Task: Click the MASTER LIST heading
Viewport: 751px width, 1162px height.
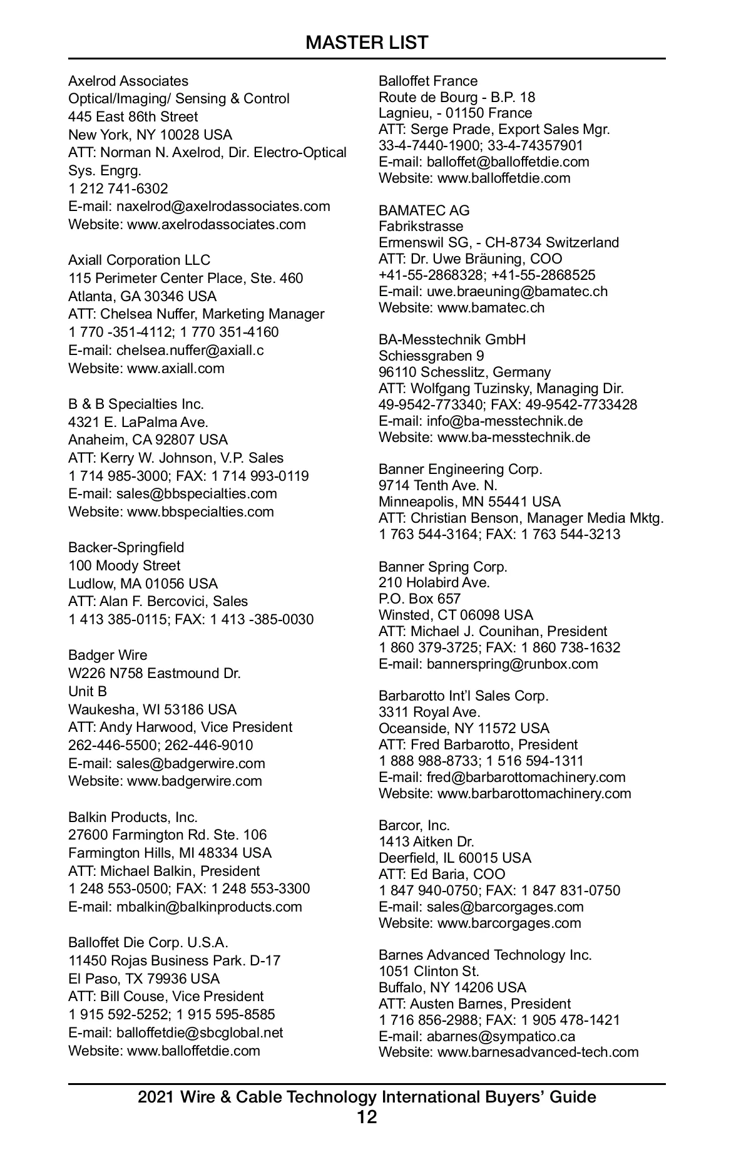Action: pyautogui.click(x=367, y=43)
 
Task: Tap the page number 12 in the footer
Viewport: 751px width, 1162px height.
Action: pyautogui.click(x=367, y=1116)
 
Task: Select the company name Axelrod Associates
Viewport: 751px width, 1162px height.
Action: pyautogui.click(x=128, y=81)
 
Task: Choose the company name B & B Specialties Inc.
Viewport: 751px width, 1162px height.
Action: pyautogui.click(x=136, y=404)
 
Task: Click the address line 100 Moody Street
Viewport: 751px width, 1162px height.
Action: pyautogui.click(x=124, y=565)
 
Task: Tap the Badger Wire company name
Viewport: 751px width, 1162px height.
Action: pyautogui.click(x=108, y=655)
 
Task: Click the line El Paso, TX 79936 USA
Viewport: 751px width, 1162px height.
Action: pyautogui.click(x=144, y=979)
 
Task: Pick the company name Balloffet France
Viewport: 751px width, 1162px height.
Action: pyautogui.click(x=428, y=81)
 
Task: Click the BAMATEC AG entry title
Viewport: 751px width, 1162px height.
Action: pyautogui.click(x=424, y=210)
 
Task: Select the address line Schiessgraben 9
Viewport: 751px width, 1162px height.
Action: pyautogui.click(x=431, y=356)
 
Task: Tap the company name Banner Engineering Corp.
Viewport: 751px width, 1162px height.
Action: pyautogui.click(x=461, y=469)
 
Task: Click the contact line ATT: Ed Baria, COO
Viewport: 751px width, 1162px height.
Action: pyautogui.click(x=442, y=874)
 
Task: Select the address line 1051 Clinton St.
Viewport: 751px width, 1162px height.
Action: pyautogui.click(x=429, y=971)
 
